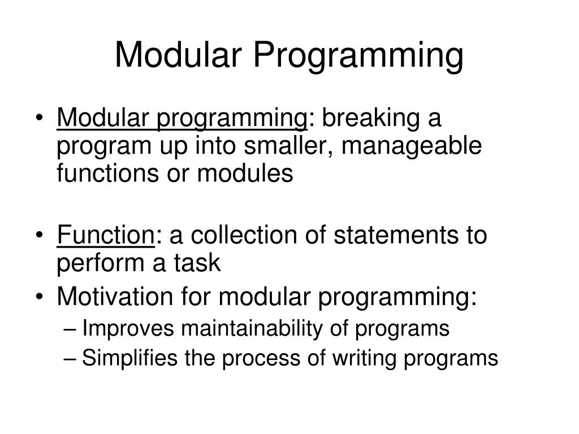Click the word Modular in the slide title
click(x=178, y=55)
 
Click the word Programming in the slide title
click(x=358, y=57)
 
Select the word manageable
click(x=412, y=146)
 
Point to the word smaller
click(x=289, y=146)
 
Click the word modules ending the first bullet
click(x=245, y=173)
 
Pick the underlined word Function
click(x=106, y=235)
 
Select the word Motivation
click(x=115, y=296)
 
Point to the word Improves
click(x=128, y=329)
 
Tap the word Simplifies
click(x=129, y=358)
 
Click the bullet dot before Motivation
click(x=40, y=297)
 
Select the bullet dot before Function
click(x=40, y=235)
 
